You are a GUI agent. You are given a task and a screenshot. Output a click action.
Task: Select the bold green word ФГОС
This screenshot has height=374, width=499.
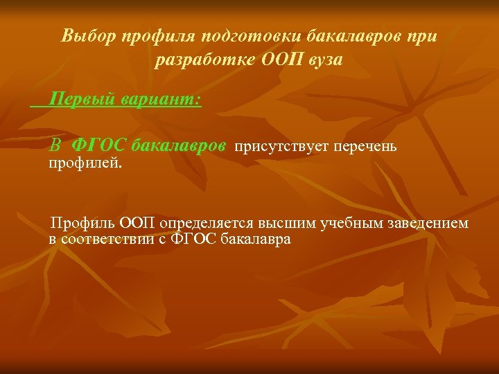tap(98, 146)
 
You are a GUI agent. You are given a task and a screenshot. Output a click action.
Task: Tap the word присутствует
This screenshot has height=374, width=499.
tap(282, 147)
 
